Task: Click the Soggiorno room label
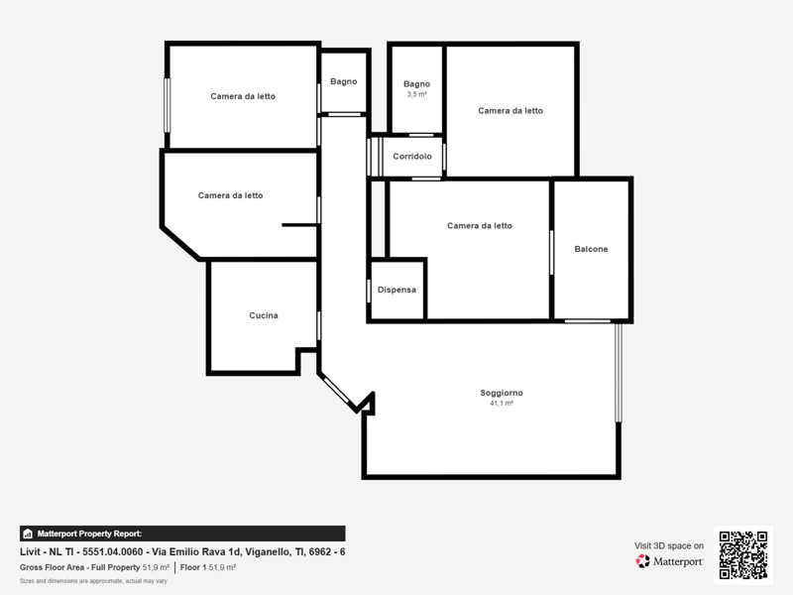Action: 502,393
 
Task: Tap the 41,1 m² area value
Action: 502,404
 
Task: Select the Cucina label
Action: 264,315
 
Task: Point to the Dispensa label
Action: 396,290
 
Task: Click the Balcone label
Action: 591,249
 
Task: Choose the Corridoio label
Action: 412,157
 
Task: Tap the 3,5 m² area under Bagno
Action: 416,94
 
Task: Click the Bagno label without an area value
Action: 343,81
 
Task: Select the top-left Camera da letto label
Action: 243,96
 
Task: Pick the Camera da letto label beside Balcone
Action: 480,226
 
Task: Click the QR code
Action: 742,555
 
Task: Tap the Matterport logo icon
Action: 642,561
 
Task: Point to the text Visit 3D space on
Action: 668,546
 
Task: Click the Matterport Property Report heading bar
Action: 182,534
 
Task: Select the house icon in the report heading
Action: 28,534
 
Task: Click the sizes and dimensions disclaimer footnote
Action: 93,581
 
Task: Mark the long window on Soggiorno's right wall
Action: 618,373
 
